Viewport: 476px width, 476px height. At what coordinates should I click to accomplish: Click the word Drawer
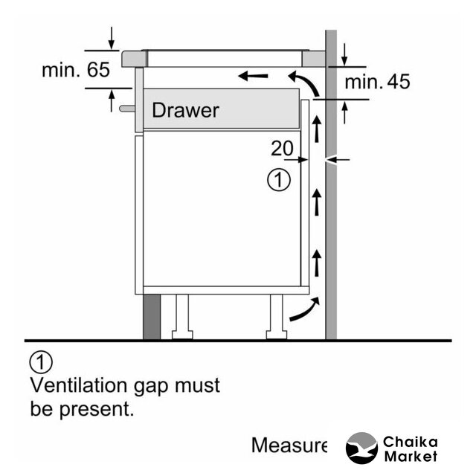coord(185,111)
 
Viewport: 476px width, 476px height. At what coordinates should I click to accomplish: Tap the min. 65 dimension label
coord(76,71)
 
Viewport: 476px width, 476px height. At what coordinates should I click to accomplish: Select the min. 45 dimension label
coord(377,82)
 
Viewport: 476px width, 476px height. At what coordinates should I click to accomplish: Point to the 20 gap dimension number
coord(282,149)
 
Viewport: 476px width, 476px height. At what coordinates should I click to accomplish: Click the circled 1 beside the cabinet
coord(278,180)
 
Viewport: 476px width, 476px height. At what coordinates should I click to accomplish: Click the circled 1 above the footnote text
coord(41,363)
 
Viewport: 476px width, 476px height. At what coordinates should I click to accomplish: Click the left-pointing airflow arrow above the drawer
coord(253,74)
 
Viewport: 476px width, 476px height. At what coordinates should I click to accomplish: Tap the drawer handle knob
coord(126,108)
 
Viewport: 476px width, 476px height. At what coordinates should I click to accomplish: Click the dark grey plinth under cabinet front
coord(152,316)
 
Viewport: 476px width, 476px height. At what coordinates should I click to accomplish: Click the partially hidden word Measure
coord(289,446)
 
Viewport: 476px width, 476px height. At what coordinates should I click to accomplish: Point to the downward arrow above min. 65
coord(112,36)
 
